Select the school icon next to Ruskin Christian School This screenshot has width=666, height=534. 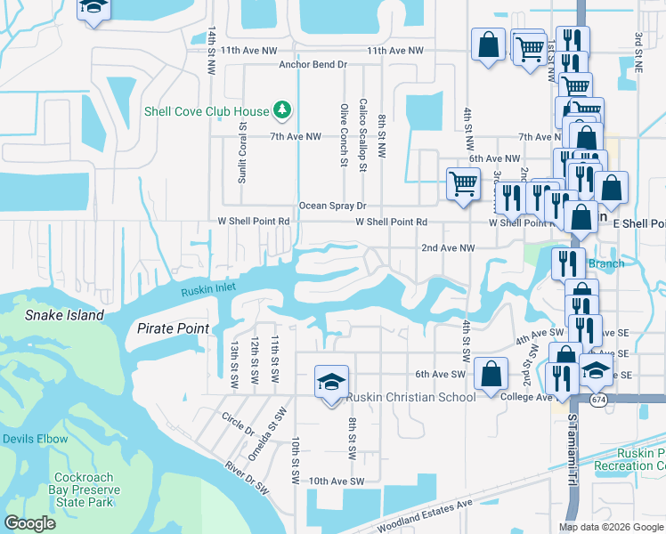(x=330, y=382)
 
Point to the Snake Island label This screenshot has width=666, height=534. (x=64, y=315)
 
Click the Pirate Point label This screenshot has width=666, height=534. (x=173, y=328)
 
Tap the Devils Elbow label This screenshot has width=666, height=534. (x=35, y=439)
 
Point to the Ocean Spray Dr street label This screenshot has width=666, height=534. (x=333, y=206)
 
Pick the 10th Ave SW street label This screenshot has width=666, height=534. (x=337, y=481)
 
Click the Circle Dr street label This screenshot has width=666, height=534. (x=238, y=422)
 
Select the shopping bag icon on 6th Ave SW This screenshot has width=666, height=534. (x=491, y=373)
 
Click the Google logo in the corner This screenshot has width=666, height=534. (x=30, y=523)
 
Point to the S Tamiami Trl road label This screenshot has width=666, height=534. (x=571, y=449)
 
